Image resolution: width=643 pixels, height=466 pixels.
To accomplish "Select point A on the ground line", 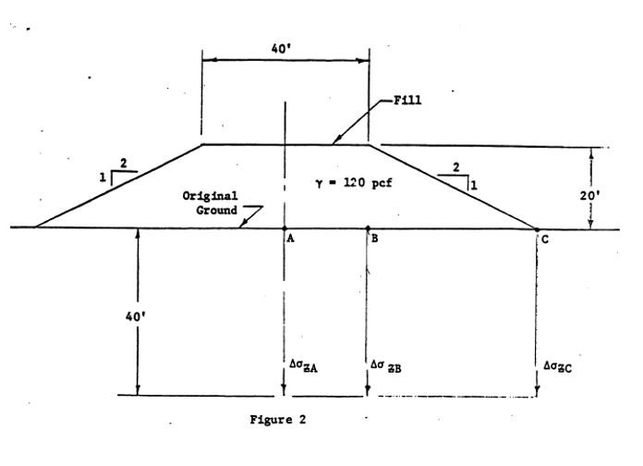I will tap(285, 227).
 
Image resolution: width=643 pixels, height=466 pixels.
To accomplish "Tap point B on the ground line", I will tap(368, 227).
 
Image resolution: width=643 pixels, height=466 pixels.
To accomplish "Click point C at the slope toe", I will tap(537, 227).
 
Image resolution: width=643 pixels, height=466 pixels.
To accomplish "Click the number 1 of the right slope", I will tap(474, 184).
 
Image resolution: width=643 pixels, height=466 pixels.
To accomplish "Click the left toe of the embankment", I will tap(35, 227).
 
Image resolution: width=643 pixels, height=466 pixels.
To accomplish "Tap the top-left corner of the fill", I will tap(202, 144).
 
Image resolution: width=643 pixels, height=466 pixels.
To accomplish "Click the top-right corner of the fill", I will tap(370, 144).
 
